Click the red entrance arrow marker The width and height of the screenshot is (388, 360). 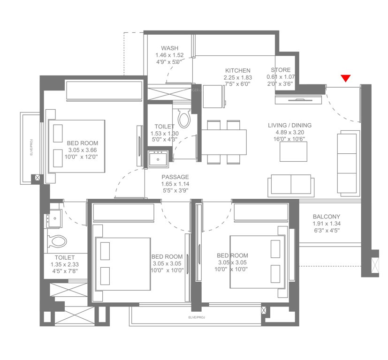click(346, 78)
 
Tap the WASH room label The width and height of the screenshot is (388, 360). click(169, 48)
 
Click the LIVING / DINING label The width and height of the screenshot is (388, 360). click(289, 126)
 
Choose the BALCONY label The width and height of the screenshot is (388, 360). click(326, 217)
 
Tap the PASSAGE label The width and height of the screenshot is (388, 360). click(175, 177)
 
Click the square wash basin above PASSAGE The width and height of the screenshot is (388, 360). click(158, 158)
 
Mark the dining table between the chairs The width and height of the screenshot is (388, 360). click(224, 142)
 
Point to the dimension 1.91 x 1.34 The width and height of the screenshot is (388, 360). click(326, 224)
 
